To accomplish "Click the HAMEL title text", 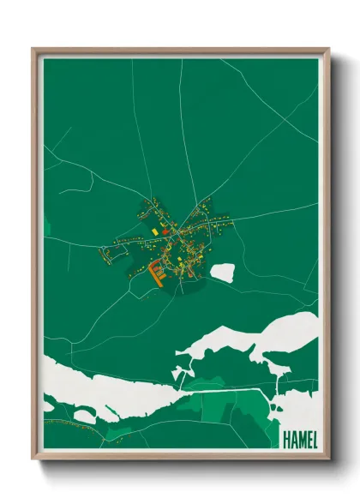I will pyautogui.click(x=299, y=439).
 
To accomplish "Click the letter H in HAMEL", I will pyautogui.click(x=285, y=439).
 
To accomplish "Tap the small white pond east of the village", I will pyautogui.click(x=222, y=273).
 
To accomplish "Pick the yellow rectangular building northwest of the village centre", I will pyautogui.click(x=154, y=231).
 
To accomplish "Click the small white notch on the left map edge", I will pyautogui.click(x=46, y=228).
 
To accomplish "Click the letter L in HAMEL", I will pyautogui.click(x=314, y=439).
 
